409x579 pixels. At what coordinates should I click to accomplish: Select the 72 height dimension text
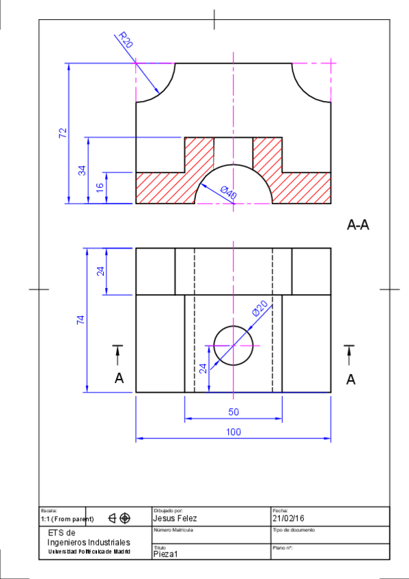pyautogui.click(x=63, y=133)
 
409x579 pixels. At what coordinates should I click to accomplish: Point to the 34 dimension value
pyautogui.click(x=82, y=170)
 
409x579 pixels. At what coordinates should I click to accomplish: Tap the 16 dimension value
pyautogui.click(x=100, y=188)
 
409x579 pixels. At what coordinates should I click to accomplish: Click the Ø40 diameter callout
pyautogui.click(x=229, y=193)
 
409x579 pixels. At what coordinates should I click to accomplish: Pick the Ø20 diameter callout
pyautogui.click(x=260, y=309)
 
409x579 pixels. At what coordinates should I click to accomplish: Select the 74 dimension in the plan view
pyautogui.click(x=81, y=320)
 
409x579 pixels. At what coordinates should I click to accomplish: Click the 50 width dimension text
pyautogui.click(x=233, y=412)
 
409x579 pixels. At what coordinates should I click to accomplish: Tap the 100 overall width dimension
pyautogui.click(x=233, y=432)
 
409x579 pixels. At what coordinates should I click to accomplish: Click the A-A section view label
pyautogui.click(x=358, y=225)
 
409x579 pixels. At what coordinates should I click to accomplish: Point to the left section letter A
pyautogui.click(x=119, y=378)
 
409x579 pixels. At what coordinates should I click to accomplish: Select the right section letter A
pyautogui.click(x=351, y=380)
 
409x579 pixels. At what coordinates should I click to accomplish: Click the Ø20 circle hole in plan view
pyautogui.click(x=234, y=345)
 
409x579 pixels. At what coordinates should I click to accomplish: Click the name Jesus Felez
pyautogui.click(x=175, y=519)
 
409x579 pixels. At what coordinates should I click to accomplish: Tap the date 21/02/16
pyautogui.click(x=288, y=519)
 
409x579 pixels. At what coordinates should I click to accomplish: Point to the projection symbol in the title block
pyautogui.click(x=119, y=518)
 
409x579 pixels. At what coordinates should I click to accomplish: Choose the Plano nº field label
pyautogui.click(x=283, y=548)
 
